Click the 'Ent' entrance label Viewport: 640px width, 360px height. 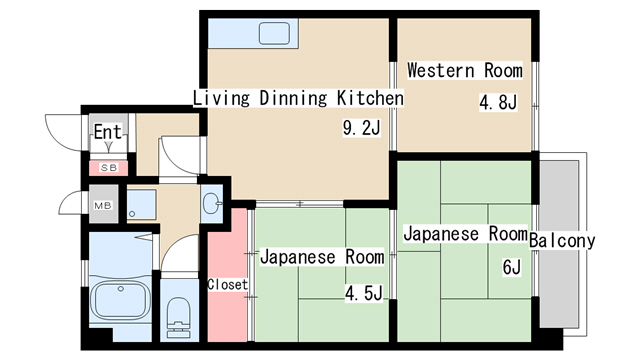107,132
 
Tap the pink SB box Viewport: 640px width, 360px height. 107,167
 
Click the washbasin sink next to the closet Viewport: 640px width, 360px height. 212,204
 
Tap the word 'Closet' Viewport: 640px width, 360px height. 227,285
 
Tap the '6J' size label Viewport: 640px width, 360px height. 511,267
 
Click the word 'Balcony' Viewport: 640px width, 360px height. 562,240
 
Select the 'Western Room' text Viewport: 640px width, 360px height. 464,71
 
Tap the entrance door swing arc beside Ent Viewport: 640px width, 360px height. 62,130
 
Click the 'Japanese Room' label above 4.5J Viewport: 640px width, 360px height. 321,257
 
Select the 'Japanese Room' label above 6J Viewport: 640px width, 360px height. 464,234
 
